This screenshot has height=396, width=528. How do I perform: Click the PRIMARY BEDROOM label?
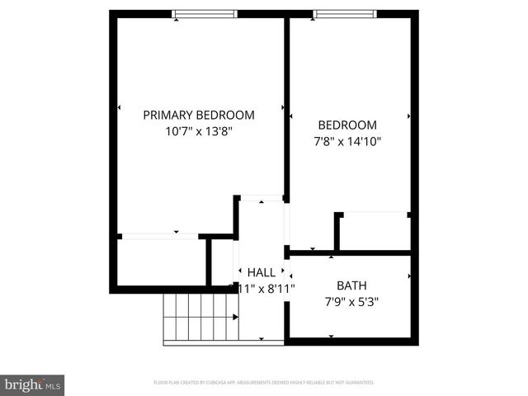[199, 115]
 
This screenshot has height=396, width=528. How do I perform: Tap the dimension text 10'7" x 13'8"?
[199, 131]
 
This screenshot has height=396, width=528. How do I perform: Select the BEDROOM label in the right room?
[347, 125]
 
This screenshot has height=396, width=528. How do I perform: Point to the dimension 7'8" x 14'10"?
[347, 141]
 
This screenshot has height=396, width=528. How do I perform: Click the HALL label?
[262, 272]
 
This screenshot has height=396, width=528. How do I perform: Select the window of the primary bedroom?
[205, 13]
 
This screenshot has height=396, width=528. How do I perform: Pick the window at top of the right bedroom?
[346, 13]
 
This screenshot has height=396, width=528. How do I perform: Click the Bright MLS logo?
[32, 384]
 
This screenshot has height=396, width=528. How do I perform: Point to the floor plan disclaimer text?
[264, 383]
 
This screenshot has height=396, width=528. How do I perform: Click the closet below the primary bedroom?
[161, 262]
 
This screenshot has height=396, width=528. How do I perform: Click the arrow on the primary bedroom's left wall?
[120, 107]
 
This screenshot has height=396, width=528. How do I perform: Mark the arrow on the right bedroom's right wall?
[408, 115]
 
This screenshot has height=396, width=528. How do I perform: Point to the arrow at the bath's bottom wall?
[331, 337]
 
